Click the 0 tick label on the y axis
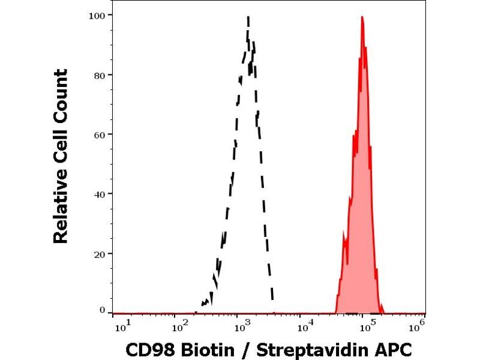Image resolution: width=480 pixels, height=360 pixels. pyautogui.click(x=102, y=310)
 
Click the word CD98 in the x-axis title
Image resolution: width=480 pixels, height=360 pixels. pyautogui.click(x=146, y=349)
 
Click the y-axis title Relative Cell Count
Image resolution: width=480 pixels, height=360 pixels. pyautogui.click(x=61, y=156)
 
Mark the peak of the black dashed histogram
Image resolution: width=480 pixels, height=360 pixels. pyautogui.click(x=248, y=18)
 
